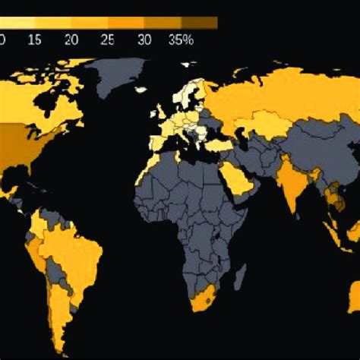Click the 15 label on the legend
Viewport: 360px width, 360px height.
click(x=36, y=39)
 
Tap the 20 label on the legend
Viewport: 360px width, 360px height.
click(x=72, y=39)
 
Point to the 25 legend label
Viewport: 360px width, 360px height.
click(x=109, y=39)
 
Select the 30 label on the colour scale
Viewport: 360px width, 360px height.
click(x=145, y=39)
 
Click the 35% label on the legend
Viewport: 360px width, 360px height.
click(x=182, y=39)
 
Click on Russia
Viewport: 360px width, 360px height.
click(x=281, y=91)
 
